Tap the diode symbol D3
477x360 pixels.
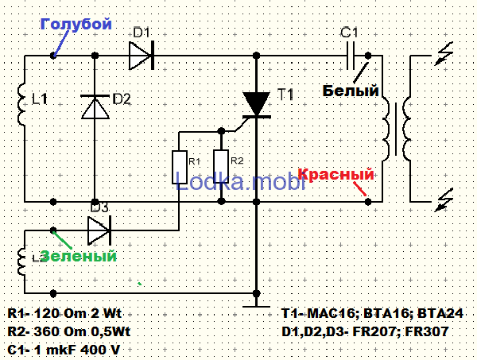(x=98, y=230)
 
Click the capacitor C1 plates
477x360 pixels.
(x=350, y=56)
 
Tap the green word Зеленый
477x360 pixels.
(x=78, y=257)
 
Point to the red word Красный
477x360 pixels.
(x=335, y=175)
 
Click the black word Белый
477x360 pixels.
(x=350, y=91)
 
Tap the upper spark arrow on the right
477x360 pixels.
(x=446, y=56)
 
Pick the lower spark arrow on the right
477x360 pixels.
(x=446, y=201)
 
